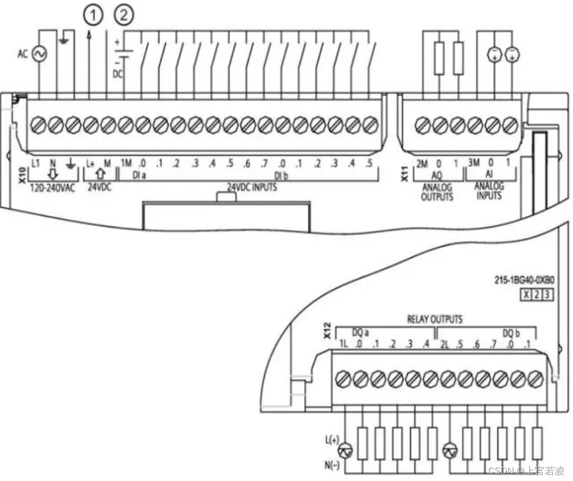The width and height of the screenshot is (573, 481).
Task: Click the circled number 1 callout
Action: [x=94, y=16]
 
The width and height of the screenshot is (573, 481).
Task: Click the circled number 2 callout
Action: [x=125, y=16]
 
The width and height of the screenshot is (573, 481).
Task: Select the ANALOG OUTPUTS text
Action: [x=438, y=192]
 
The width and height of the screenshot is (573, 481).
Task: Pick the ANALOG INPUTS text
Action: [x=489, y=191]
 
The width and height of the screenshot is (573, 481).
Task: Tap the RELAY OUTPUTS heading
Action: [x=434, y=320]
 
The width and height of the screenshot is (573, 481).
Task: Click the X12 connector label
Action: [x=328, y=332]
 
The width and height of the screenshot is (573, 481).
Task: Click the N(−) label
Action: [x=332, y=465]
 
